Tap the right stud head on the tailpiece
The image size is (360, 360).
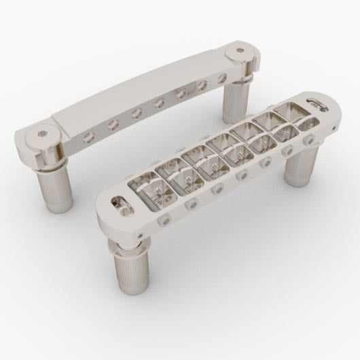[242, 50]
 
